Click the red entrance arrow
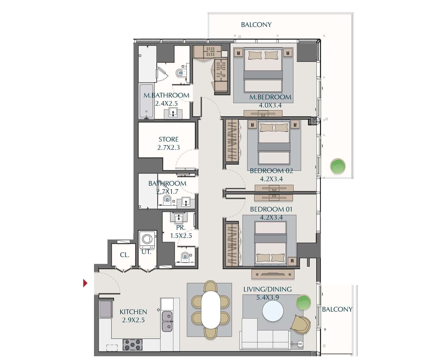[85, 283]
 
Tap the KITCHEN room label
[133, 312]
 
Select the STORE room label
[168, 139]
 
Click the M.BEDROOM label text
[270, 97]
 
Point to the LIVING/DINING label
[267, 289]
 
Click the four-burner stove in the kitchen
[132, 345]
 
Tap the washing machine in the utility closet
[147, 240]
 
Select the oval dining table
[211, 310]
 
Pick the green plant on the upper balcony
[338, 166]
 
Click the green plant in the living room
[304, 302]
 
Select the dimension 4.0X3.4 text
[270, 105]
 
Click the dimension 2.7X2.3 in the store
[168, 148]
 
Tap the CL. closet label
[125, 255]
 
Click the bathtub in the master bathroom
[146, 101]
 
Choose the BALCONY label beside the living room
[337, 309]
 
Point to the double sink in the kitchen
[167, 321]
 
